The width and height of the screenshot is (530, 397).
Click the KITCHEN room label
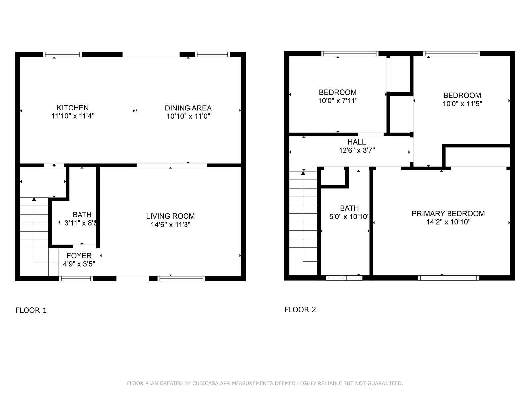pos(73,108)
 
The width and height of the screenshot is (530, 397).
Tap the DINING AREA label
pos(188,108)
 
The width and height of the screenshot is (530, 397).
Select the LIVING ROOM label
pos(171,216)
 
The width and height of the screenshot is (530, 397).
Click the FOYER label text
pos(79,255)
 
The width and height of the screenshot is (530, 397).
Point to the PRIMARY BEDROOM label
pos(448,214)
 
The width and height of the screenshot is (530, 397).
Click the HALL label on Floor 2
pos(357,142)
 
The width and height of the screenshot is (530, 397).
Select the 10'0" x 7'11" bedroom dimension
pos(338,101)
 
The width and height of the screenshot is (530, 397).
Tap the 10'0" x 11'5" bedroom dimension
pos(462,104)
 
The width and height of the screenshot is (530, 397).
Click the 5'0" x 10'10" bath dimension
pos(349,217)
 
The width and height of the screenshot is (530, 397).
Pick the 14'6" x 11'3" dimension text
pos(171,225)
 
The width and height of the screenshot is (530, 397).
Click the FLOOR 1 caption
pos(31,310)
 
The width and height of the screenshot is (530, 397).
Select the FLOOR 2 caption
pos(300,310)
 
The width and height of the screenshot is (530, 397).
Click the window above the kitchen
pos(63,54)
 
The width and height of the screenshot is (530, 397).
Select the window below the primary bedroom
pos(449,278)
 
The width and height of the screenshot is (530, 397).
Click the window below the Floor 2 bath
pos(344,278)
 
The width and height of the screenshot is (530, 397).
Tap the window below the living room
pos(181,279)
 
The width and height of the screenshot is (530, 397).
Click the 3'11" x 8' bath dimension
pos(80,223)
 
